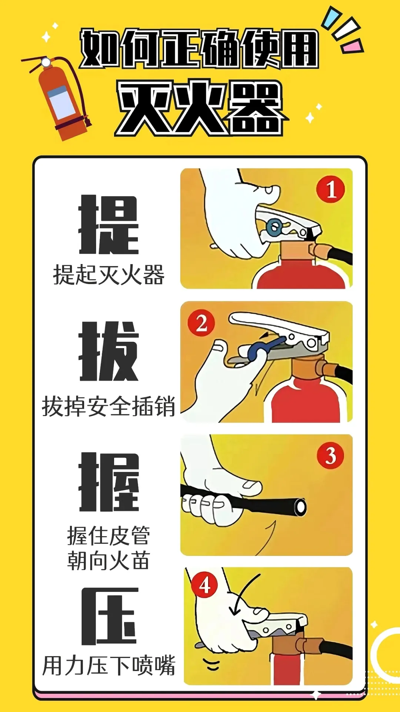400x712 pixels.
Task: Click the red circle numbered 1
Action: click(331, 189)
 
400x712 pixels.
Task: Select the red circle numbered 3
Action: click(330, 456)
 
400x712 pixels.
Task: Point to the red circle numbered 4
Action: click(205, 586)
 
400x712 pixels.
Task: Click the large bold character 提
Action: click(109, 225)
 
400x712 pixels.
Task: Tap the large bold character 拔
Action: click(109, 352)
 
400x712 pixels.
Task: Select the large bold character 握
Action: click(109, 482)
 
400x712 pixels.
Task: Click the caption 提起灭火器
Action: click(109, 275)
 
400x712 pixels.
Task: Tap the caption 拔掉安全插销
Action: click(109, 406)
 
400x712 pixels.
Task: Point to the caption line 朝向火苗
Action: click(109, 560)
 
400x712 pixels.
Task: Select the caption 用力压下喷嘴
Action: click(109, 666)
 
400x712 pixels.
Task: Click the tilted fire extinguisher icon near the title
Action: click(61, 98)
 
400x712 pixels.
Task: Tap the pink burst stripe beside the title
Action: click(352, 47)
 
